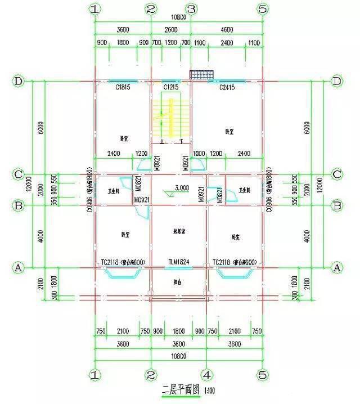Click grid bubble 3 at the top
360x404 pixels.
191,9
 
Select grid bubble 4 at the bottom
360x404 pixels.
206,374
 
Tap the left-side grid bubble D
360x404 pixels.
19,81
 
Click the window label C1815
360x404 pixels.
123,88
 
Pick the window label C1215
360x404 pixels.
170,88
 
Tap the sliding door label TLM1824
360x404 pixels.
178,262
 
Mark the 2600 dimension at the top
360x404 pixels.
170,29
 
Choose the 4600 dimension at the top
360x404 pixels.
226,29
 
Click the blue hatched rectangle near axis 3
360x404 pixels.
200,75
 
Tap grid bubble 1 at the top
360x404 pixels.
95,9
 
